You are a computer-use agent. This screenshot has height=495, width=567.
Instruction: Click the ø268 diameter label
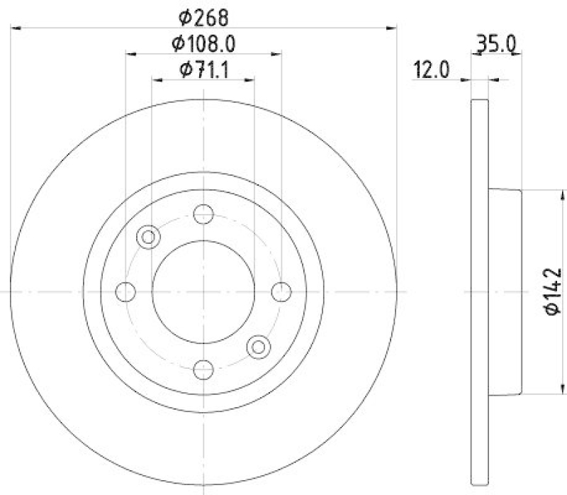(x=203, y=15)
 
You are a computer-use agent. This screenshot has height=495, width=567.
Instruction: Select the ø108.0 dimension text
(x=203, y=43)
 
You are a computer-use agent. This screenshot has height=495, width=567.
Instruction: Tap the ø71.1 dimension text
(x=203, y=69)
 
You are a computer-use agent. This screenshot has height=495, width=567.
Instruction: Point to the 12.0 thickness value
(x=432, y=69)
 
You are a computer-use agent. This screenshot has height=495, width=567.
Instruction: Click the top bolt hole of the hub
(x=203, y=213)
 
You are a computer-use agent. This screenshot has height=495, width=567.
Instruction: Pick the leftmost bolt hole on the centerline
(x=125, y=291)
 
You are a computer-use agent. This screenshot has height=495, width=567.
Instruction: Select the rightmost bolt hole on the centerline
(x=281, y=291)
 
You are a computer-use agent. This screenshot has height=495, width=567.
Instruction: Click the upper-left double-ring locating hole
(x=149, y=236)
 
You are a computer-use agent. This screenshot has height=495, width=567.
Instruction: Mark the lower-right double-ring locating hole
(x=258, y=345)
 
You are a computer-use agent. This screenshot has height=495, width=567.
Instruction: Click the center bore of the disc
(x=203, y=291)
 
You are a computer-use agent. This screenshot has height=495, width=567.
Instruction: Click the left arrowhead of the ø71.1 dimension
(x=156, y=80)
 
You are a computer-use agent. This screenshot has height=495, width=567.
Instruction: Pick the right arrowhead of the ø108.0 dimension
(x=278, y=52)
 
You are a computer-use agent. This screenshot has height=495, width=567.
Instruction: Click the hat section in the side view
(x=505, y=291)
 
